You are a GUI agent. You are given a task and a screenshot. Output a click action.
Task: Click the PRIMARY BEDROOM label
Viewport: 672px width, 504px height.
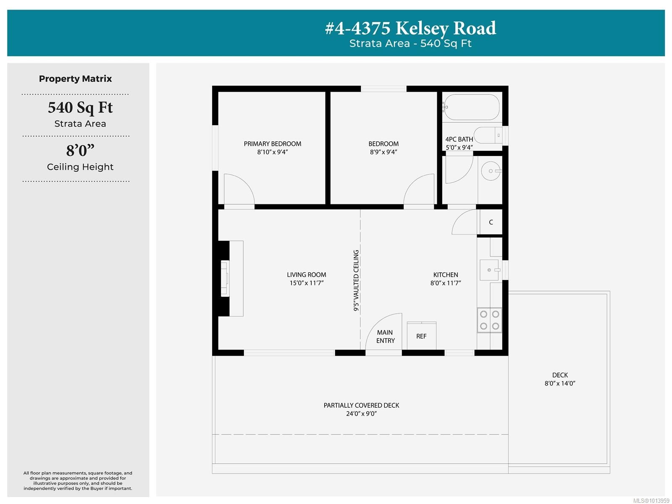(x=272, y=144)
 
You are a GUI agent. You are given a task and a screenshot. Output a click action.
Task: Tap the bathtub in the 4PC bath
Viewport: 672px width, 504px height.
(x=472, y=107)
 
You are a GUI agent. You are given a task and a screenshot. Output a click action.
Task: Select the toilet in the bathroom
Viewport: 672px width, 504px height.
(x=487, y=135)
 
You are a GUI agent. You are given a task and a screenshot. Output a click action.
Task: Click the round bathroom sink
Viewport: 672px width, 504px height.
(x=491, y=171)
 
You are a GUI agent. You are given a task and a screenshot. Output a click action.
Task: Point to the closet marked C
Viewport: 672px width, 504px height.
(x=491, y=222)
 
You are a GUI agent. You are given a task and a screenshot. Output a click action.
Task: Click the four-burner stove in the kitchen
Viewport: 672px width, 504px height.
(x=489, y=320)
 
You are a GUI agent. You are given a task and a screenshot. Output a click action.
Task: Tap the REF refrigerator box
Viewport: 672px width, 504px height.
(x=421, y=336)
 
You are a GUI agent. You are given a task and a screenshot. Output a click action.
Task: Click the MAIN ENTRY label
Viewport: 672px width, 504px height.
(x=385, y=336)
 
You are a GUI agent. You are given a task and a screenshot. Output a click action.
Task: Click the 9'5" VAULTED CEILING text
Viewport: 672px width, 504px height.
(x=356, y=280)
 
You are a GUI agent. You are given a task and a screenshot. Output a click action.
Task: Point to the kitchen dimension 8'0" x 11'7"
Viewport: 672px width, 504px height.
(x=446, y=283)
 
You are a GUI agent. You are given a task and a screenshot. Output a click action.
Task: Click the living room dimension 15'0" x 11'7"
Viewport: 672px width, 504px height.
(x=306, y=283)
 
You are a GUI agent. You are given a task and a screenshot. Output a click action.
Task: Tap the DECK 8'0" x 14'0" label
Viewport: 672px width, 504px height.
(x=560, y=379)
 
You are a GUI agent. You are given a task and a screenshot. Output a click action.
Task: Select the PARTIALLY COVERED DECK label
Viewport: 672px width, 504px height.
(x=361, y=405)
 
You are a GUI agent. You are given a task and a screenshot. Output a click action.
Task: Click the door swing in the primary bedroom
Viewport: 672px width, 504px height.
(x=238, y=190)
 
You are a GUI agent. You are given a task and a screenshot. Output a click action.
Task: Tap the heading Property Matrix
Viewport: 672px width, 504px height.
(x=75, y=79)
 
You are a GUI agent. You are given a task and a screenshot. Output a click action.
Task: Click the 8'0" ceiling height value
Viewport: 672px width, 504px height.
(x=80, y=150)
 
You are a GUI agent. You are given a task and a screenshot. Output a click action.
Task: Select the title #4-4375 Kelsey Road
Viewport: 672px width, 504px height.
(x=410, y=28)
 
